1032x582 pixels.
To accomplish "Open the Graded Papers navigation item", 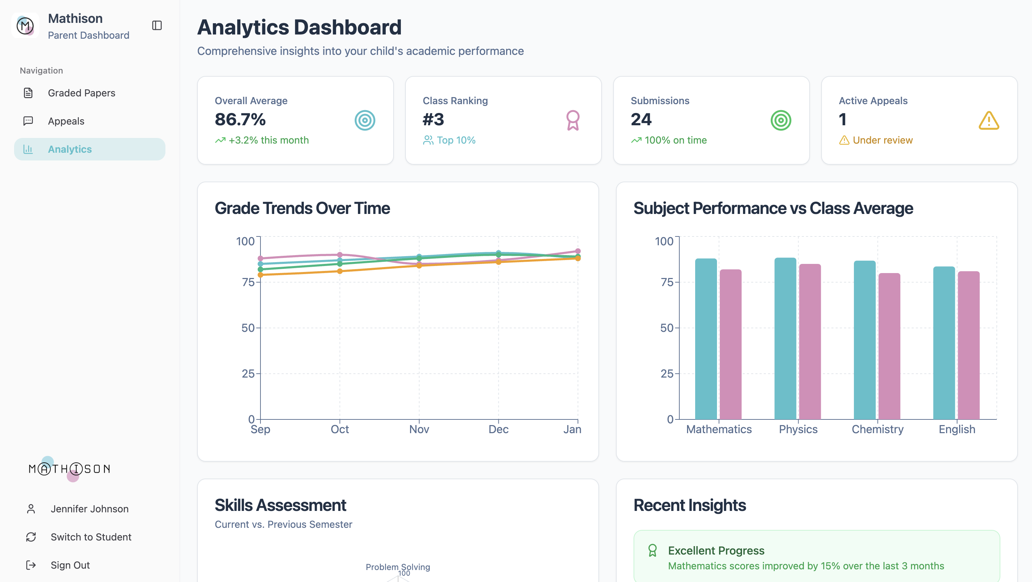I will (x=81, y=93).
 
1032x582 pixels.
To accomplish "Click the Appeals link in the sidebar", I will (x=66, y=121).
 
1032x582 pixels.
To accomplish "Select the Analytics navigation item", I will (x=70, y=149).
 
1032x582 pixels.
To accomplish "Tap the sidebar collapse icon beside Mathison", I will (x=157, y=26).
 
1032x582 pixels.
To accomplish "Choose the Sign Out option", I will (x=70, y=565).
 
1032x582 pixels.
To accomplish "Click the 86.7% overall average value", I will (x=240, y=119).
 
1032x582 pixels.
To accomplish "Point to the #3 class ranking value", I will (x=433, y=119).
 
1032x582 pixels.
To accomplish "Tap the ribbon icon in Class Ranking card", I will (x=572, y=120).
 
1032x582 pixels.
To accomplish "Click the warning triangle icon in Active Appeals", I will (x=989, y=120).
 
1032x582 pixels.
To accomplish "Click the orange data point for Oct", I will (x=340, y=271).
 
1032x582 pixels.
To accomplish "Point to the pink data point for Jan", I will (x=578, y=251).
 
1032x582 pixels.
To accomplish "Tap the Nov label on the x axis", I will (x=419, y=429).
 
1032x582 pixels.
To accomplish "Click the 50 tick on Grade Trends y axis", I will (x=248, y=328).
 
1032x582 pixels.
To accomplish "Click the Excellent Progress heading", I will (x=716, y=550).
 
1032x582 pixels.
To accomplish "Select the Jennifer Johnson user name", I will (x=89, y=509).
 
